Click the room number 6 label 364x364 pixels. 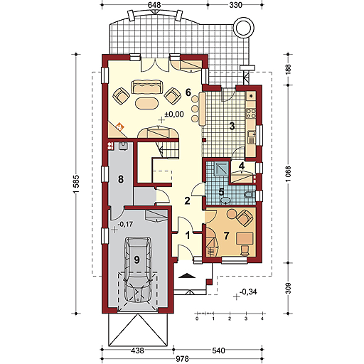[x=188, y=92]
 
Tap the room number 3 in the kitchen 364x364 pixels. [x=232, y=126]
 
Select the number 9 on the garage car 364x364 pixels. [x=136, y=259]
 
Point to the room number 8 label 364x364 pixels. [x=121, y=179]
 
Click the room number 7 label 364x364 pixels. [x=227, y=236]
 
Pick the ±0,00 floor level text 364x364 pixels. [x=174, y=114]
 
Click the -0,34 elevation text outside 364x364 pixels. [x=248, y=291]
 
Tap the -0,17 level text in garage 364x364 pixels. [x=125, y=224]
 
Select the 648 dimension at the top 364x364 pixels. [x=154, y=5]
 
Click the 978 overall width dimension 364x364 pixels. [x=182, y=359]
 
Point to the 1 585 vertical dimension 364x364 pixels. [x=76, y=184]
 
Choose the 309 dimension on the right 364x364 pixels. [x=288, y=288]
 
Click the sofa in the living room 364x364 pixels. [x=147, y=87]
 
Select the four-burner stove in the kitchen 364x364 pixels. [x=251, y=113]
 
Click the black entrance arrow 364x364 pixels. [x=187, y=275]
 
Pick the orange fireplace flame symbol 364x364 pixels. [x=120, y=127]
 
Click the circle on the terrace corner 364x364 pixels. [x=244, y=28]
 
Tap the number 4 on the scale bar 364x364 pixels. [x=262, y=319]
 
